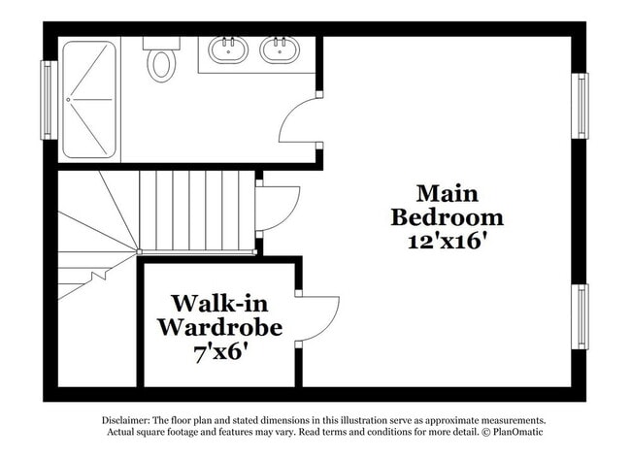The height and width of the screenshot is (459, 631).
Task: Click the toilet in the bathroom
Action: coord(161,64)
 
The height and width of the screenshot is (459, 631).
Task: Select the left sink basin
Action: coord(227,49)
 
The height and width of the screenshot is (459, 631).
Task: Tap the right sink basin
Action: coord(280,49)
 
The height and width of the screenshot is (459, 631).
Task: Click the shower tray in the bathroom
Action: coord(88,98)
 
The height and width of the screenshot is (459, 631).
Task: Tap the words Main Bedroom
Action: coord(447,205)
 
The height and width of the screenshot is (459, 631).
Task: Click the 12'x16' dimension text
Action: coord(447,241)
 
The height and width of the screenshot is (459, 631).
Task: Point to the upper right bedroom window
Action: coord(581,105)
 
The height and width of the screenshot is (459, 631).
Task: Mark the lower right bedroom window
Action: coord(581,316)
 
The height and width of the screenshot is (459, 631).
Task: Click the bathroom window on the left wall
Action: coord(48,99)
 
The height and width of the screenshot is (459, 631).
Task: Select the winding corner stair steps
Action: coord(97,233)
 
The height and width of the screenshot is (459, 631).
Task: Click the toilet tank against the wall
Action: coord(161,43)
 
